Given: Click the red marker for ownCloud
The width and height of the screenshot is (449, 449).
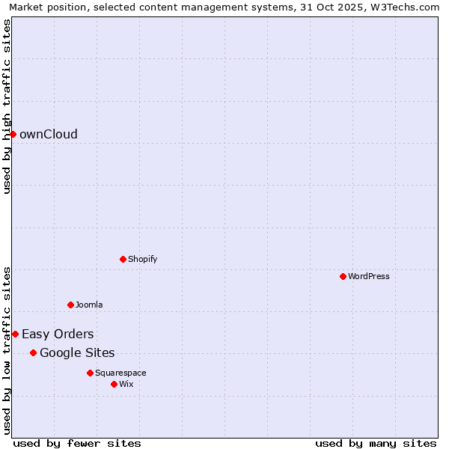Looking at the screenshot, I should click(x=13, y=134).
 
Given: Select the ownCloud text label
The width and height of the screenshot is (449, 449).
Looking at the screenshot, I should click(x=49, y=135).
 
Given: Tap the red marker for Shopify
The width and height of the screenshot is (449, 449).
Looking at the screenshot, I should click(x=123, y=259).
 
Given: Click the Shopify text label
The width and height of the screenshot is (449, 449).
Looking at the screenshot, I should click(x=143, y=260).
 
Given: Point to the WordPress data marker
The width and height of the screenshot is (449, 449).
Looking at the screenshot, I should click(x=343, y=276).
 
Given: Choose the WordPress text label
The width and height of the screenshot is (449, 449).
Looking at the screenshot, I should click(x=369, y=277).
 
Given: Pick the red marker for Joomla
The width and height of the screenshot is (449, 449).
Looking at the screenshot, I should click(x=71, y=305).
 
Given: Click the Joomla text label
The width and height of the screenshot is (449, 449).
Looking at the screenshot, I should click(x=89, y=305).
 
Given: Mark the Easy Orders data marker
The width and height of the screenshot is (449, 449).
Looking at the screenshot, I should click(x=15, y=334).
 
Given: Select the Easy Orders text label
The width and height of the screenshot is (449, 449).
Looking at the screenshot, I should click(x=58, y=335).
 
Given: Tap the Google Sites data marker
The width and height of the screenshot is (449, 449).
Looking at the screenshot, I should click(x=34, y=352).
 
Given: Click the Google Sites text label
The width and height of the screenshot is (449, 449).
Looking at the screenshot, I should click(x=77, y=353).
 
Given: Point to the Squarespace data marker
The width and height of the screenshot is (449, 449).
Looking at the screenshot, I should click(x=91, y=373).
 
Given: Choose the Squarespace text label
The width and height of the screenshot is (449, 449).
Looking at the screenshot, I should click(x=120, y=373).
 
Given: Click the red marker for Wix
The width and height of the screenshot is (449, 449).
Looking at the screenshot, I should click(x=114, y=384).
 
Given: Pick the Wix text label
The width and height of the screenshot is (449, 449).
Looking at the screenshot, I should click(x=126, y=385).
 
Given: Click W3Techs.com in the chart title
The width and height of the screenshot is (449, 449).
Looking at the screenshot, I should click(x=407, y=7).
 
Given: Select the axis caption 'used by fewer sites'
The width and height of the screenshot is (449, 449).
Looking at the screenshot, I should click(x=77, y=443).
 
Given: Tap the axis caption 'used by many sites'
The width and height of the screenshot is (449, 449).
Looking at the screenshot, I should click(x=376, y=443).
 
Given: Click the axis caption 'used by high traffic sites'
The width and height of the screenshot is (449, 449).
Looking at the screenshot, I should click(x=7, y=106).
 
